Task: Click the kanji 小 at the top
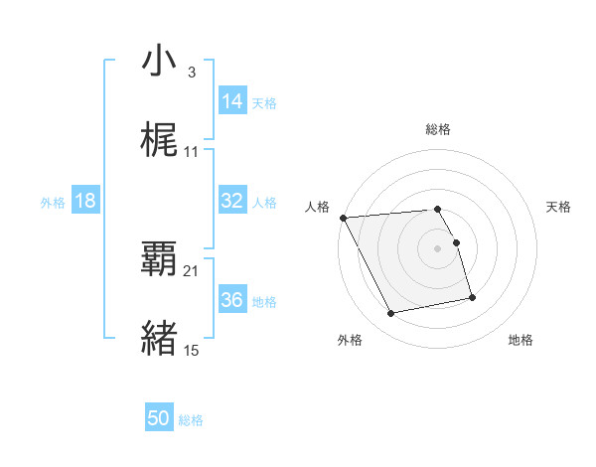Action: pos(160,62)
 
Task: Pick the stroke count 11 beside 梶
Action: pos(192,151)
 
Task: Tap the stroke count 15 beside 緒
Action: pos(192,350)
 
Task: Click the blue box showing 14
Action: pos(232,100)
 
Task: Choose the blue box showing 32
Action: pos(232,201)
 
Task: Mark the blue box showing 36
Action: pos(232,300)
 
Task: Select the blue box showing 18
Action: pos(85,201)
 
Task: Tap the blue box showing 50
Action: pos(159,419)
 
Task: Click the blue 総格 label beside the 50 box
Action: pos(191,420)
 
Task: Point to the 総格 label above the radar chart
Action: pos(438,129)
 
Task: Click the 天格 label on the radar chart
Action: pos(559,207)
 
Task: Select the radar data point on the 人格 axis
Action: pos(343,218)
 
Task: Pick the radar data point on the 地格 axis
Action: pos(472,297)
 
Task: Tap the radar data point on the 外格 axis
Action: pos(391,314)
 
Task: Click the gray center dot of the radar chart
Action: pos(438,248)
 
